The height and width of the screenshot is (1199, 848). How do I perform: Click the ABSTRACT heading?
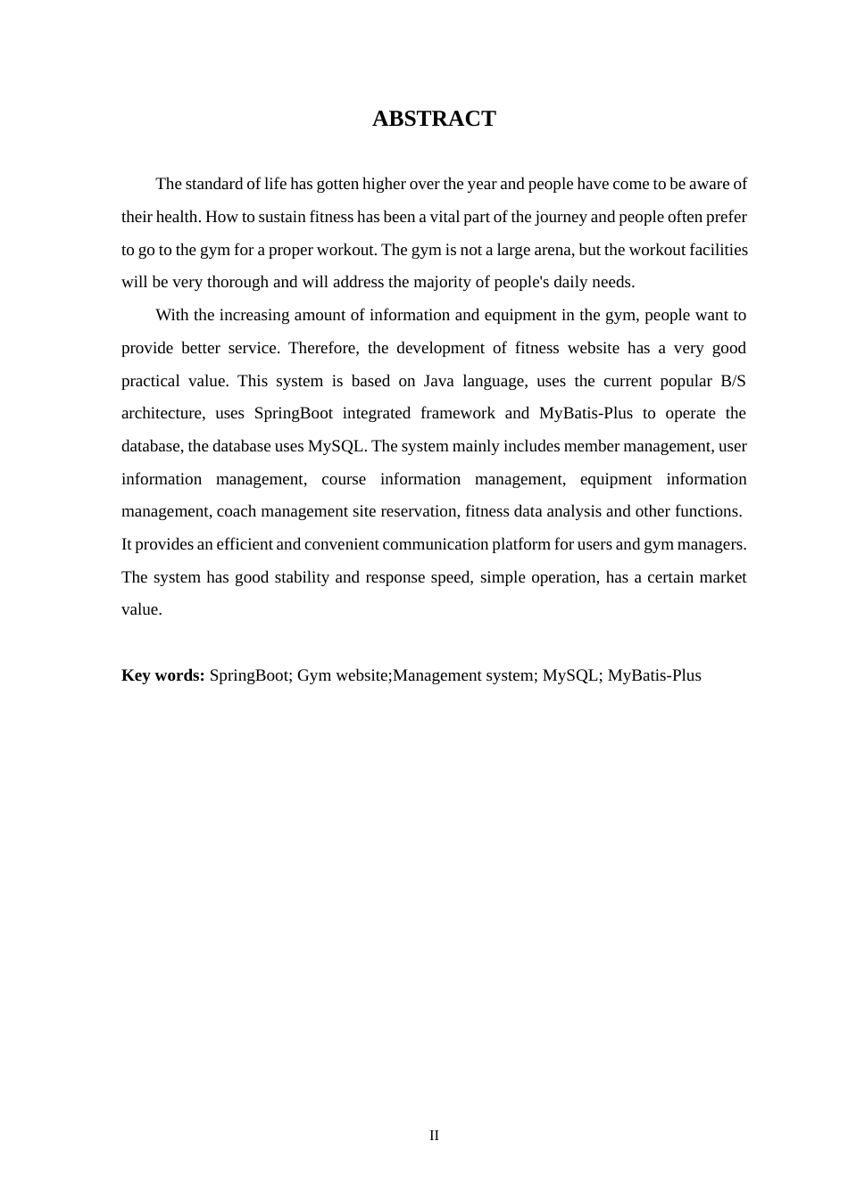click(434, 119)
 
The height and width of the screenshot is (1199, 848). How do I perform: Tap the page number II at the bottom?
click(434, 1136)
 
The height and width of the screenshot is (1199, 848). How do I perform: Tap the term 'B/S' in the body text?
click(733, 381)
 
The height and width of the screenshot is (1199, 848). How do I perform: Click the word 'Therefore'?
click(323, 348)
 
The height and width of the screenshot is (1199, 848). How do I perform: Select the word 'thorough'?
click(237, 282)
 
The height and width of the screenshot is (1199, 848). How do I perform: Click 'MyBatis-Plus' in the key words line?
click(654, 675)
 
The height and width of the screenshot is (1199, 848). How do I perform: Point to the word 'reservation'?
click(419, 511)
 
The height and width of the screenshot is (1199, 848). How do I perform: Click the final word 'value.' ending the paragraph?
click(142, 610)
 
